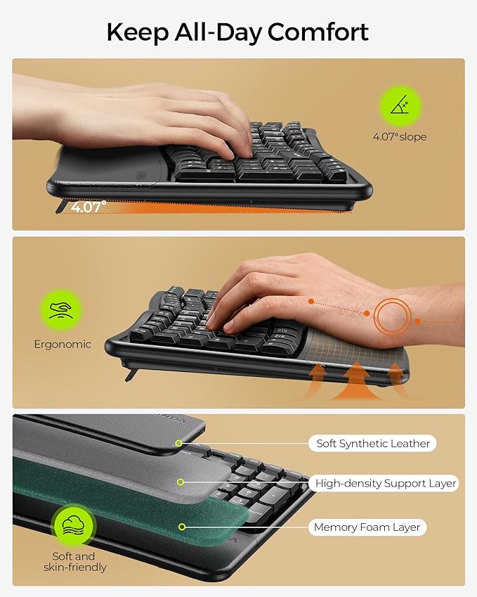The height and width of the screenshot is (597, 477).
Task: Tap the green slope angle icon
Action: [x=399, y=105]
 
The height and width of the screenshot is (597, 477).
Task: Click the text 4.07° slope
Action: [x=399, y=137]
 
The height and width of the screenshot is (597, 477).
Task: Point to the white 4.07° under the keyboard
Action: [x=89, y=206]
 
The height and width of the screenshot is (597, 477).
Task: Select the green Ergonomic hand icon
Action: [x=61, y=310]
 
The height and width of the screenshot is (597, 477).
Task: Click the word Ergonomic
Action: [x=63, y=345]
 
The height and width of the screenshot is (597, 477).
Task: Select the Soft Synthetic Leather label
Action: [x=372, y=444]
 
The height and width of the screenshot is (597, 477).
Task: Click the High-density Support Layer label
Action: [x=386, y=483]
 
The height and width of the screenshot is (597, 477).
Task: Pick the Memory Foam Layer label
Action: [x=367, y=527]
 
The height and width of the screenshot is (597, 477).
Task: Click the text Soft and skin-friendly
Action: [x=74, y=561]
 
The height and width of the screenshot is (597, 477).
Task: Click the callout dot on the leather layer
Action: [x=179, y=444]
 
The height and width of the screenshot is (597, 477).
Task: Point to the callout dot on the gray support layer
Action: [x=181, y=482]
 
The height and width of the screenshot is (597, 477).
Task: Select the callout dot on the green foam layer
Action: [x=183, y=526]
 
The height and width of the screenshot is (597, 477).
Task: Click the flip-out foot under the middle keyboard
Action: [x=130, y=373]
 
